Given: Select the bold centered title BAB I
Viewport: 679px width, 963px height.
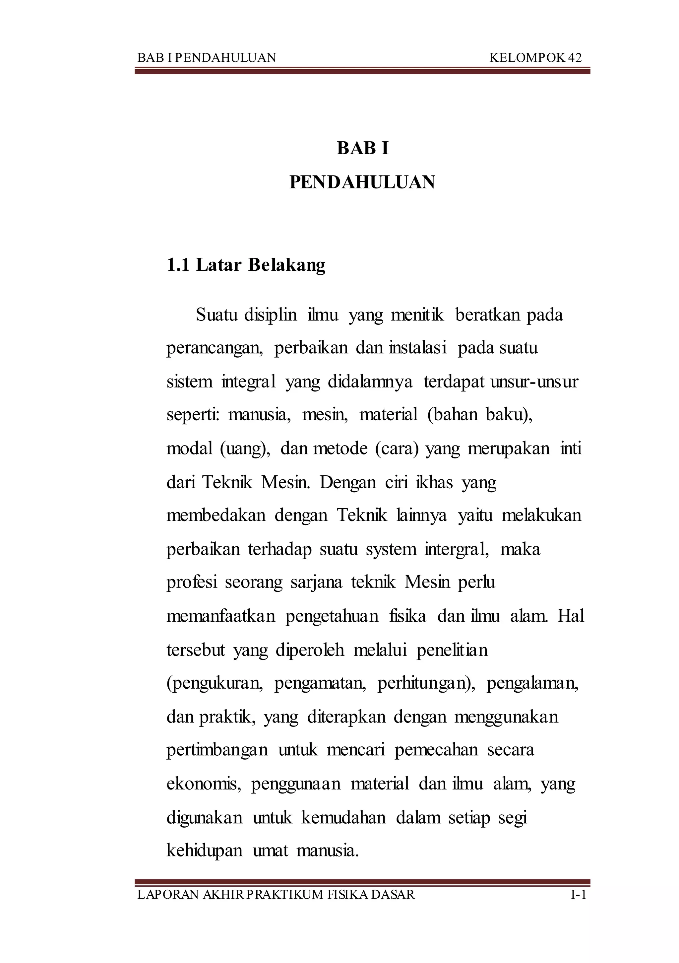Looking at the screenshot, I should click(363, 149).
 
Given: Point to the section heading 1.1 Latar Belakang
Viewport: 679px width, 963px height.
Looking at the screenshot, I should click(246, 265).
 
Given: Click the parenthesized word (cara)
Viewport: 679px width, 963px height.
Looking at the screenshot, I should click(397, 449).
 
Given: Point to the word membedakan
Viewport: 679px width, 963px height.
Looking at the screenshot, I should click(216, 516).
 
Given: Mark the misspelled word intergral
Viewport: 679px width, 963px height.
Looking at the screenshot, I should click(457, 549).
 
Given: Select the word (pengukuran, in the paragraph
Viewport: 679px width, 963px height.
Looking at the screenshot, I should click(215, 684).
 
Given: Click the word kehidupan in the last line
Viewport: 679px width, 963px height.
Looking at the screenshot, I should click(205, 851).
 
